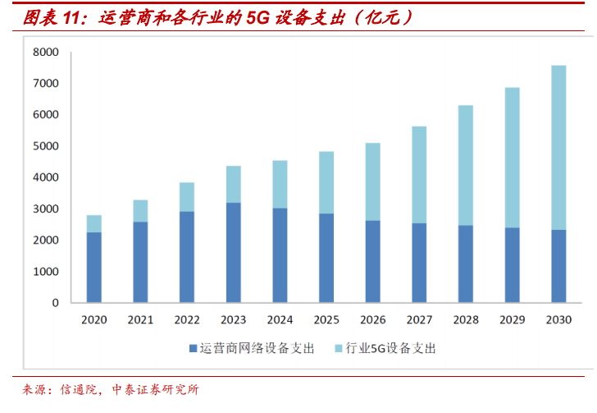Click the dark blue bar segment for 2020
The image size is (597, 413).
click(x=94, y=267)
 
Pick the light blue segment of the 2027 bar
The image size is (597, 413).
click(x=419, y=175)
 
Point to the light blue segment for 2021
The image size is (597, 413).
click(x=140, y=211)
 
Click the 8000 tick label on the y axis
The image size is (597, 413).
click(x=47, y=52)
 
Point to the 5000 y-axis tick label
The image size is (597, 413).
click(x=47, y=146)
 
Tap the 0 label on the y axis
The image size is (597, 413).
click(x=56, y=303)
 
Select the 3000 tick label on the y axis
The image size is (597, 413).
click(x=47, y=209)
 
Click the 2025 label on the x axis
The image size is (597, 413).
click(x=326, y=319)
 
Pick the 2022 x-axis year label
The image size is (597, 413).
click(x=187, y=319)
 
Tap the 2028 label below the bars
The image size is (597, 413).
click(x=466, y=319)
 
